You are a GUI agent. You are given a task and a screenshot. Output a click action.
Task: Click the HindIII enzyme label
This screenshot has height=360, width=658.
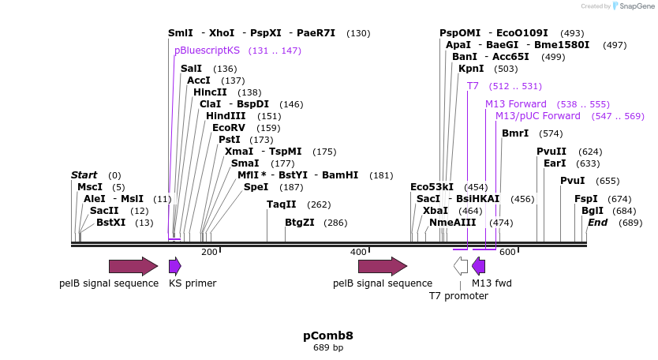(226, 116)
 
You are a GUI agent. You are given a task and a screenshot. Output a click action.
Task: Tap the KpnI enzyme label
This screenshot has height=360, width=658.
(471, 69)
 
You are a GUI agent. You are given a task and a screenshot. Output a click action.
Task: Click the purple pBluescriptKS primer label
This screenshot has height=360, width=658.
(207, 51)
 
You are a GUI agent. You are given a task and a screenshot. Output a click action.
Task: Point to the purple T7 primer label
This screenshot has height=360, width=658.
(473, 86)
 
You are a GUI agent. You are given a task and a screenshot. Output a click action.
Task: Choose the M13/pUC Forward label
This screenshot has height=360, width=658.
(537, 116)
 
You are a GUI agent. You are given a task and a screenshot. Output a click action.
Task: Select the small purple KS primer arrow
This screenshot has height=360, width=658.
(175, 266)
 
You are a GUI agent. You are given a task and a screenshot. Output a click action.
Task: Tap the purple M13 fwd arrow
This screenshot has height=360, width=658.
(478, 266)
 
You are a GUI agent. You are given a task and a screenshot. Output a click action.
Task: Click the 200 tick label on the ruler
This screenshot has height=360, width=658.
(209, 252)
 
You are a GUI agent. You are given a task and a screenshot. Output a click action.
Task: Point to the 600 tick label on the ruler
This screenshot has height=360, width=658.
(507, 252)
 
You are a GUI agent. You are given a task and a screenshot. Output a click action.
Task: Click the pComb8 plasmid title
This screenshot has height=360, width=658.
(328, 336)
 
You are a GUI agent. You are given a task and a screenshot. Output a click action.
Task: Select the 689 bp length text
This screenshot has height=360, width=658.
(328, 347)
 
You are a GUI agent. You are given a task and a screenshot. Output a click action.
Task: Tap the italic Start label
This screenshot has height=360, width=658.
(84, 175)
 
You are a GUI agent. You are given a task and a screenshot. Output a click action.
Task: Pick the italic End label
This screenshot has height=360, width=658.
(597, 223)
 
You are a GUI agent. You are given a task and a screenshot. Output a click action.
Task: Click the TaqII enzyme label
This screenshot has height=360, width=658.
(281, 204)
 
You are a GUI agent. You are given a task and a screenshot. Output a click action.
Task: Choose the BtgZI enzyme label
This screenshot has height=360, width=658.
(299, 223)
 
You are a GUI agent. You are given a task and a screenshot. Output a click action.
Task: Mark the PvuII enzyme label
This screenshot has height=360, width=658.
(551, 152)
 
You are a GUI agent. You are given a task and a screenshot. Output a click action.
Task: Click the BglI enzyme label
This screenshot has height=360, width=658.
(592, 211)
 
